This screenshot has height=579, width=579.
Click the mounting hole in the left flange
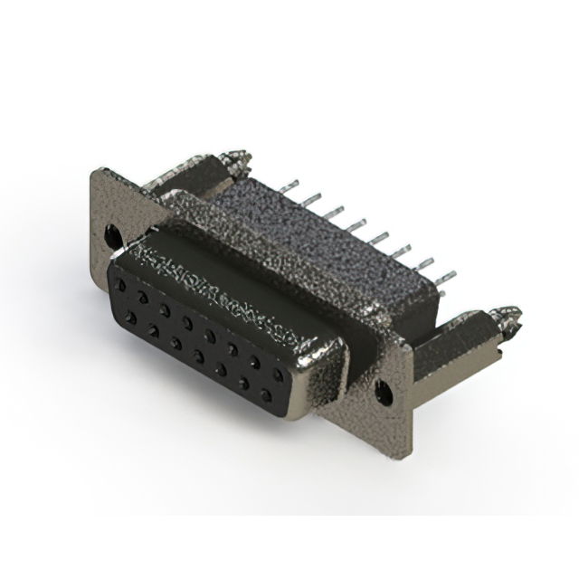click(x=112, y=235)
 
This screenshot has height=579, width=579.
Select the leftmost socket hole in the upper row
click(x=120, y=283)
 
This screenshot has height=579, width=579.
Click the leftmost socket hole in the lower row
click(x=132, y=317)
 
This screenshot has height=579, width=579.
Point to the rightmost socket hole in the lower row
click(x=267, y=394)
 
